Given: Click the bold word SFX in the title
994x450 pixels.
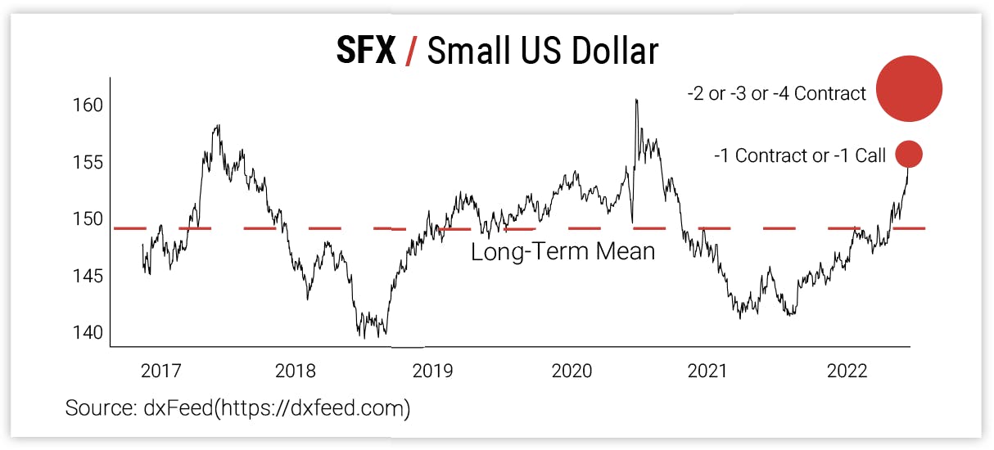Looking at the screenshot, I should (365, 52).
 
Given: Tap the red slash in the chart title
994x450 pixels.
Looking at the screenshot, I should (412, 52).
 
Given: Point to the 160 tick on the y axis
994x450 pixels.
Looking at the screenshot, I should (88, 106).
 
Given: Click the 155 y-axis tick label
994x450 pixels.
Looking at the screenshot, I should (88, 162).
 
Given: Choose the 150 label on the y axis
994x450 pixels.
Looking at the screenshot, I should (88, 219).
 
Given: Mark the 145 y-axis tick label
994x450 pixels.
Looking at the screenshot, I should (88, 276).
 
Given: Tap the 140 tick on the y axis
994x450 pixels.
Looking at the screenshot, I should (88, 333).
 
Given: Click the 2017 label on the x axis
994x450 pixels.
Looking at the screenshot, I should (161, 371).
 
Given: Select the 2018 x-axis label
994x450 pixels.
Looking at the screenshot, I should (296, 371).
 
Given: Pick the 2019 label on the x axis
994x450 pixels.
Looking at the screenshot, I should (433, 371).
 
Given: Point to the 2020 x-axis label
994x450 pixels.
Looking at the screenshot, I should (571, 371).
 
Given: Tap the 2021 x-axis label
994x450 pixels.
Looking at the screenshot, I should (707, 371).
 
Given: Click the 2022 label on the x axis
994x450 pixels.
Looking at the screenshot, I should (847, 371).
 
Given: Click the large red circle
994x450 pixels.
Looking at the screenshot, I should (909, 89).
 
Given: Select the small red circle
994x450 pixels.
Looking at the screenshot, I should (909, 154).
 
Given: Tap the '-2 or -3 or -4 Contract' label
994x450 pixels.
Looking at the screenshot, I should (776, 94).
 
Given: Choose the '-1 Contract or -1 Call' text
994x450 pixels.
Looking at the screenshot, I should (800, 155).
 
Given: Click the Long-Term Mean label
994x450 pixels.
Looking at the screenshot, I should (563, 251).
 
